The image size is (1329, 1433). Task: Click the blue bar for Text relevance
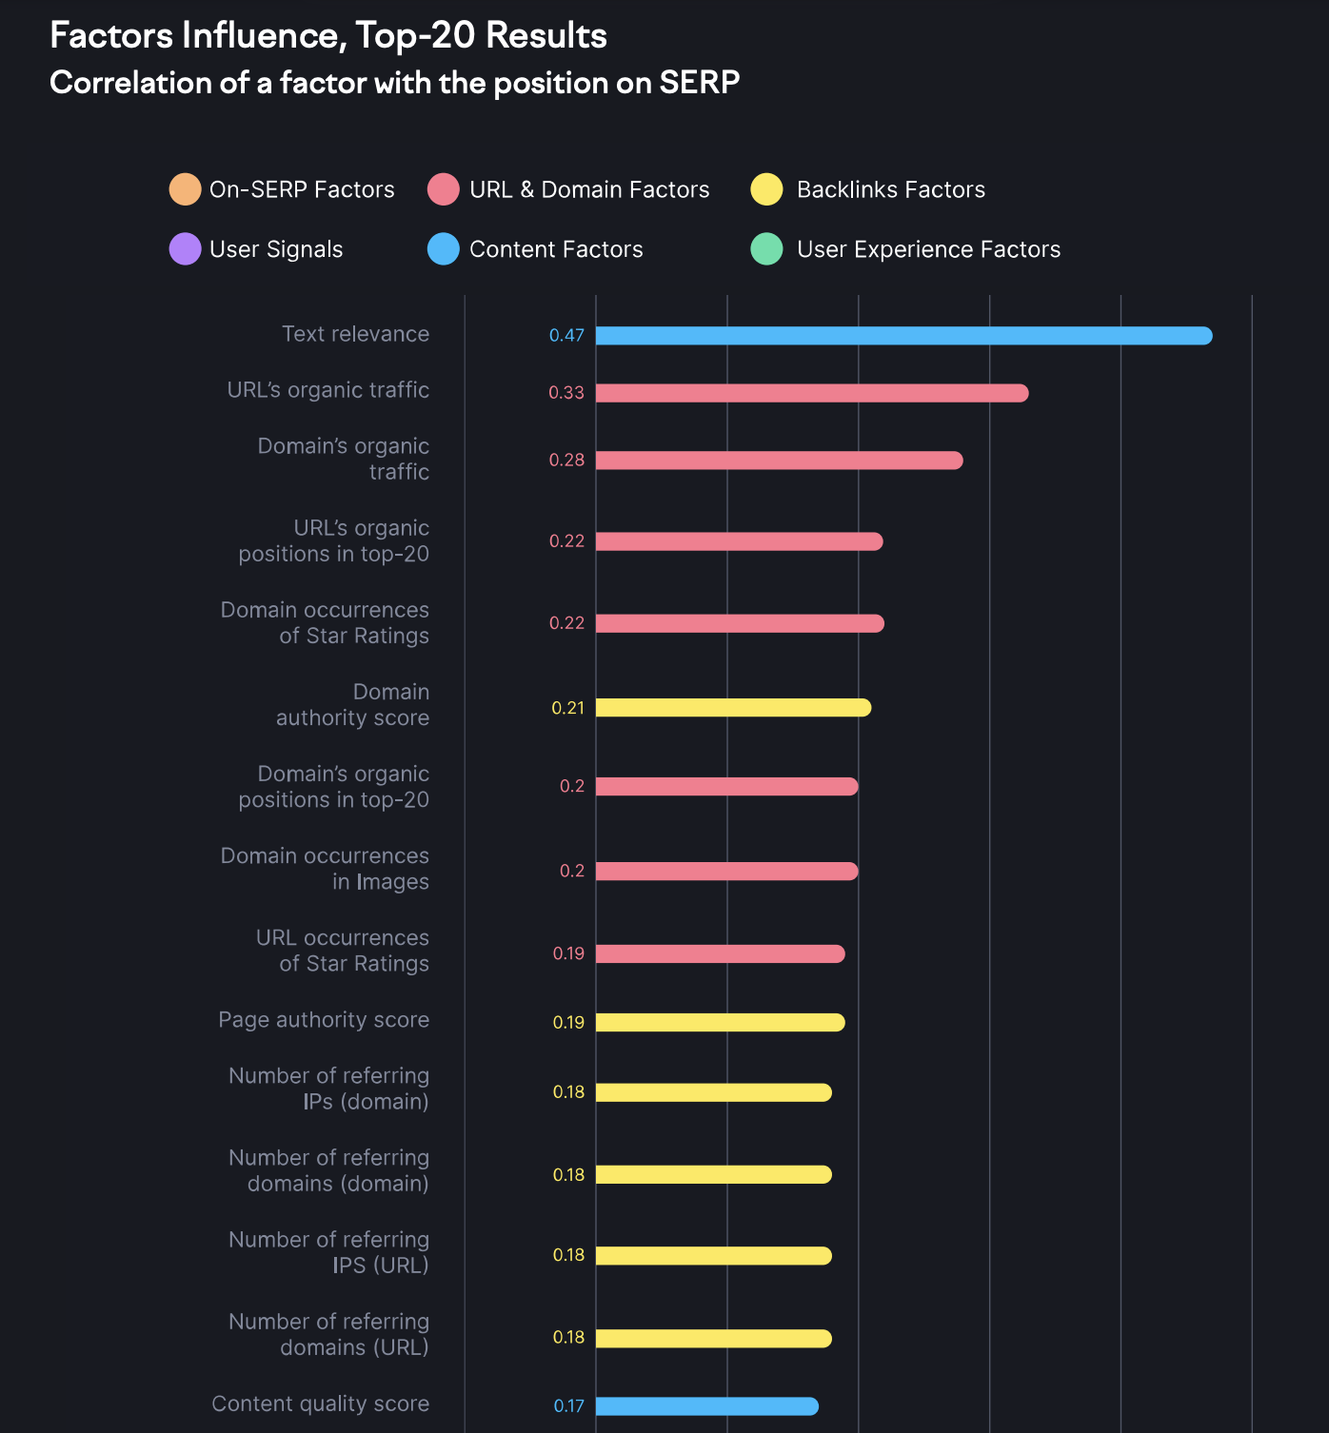click(x=903, y=336)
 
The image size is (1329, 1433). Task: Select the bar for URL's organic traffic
click(x=812, y=393)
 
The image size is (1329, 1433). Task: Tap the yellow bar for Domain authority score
click(x=733, y=708)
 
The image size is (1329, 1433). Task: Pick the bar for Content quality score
click(x=706, y=1406)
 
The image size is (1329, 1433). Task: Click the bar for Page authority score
click(x=720, y=1023)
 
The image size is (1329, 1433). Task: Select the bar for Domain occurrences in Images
click(x=726, y=872)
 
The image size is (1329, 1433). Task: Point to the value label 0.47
click(x=566, y=336)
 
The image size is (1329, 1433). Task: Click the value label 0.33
click(x=566, y=393)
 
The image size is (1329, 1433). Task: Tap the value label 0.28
click(x=566, y=461)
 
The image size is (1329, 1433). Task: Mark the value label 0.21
click(x=567, y=708)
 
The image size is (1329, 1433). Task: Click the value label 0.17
click(x=569, y=1406)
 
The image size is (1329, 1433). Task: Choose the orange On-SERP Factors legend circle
click(x=185, y=189)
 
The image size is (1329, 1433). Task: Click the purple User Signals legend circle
click(x=185, y=249)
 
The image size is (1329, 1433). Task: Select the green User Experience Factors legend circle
click(x=766, y=249)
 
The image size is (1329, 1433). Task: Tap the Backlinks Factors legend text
click(x=890, y=190)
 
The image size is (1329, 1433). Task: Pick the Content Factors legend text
click(x=556, y=250)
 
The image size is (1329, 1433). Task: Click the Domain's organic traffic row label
click(x=344, y=460)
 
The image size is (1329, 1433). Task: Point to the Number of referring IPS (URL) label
click(x=329, y=1252)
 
